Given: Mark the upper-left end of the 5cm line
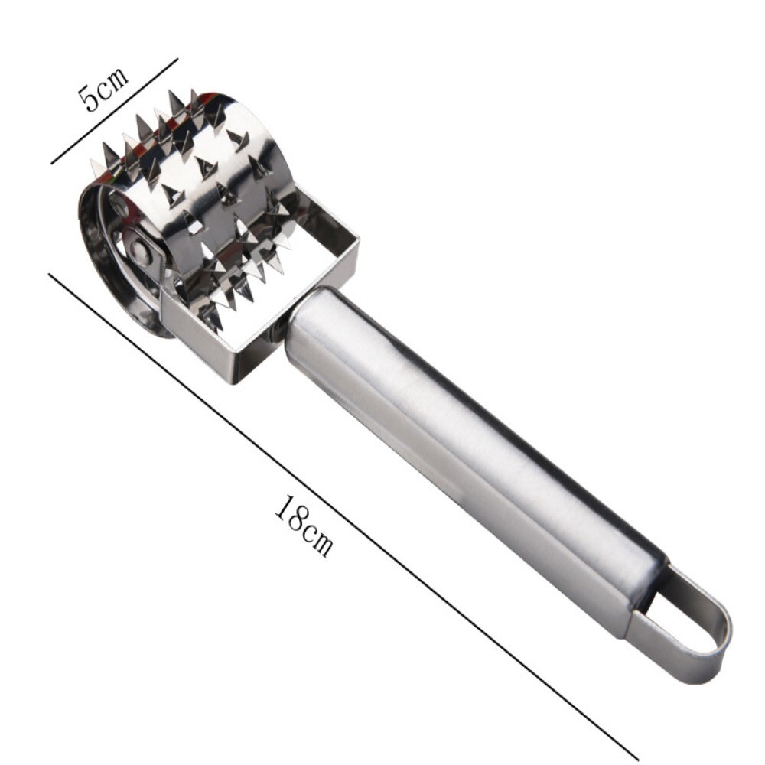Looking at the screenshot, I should (52, 163).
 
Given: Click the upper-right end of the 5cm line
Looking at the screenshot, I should (177, 59).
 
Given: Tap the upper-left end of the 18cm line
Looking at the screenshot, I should (50, 274).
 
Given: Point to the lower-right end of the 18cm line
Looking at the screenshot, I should (637, 758).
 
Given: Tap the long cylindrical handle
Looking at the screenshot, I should (467, 459).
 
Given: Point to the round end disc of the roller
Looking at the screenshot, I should (115, 260).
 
